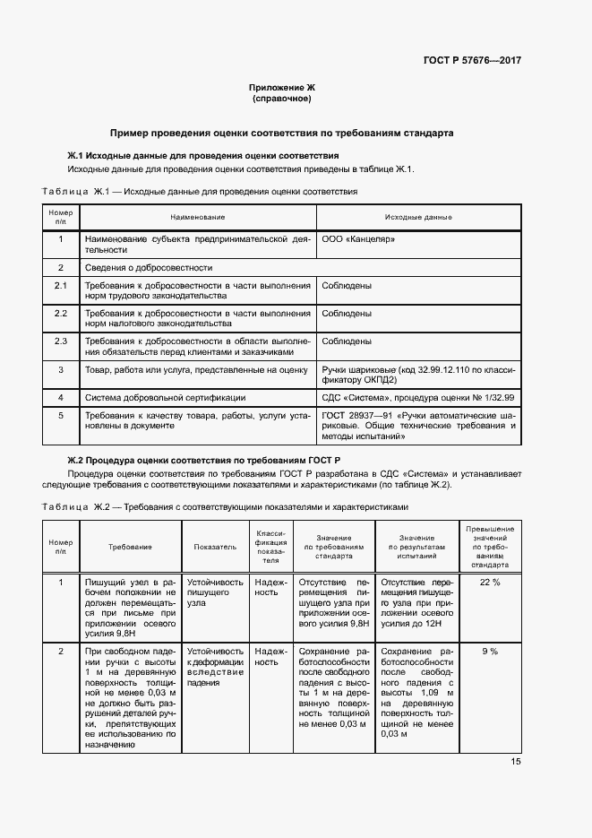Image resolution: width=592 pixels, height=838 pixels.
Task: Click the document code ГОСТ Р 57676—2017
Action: (472, 61)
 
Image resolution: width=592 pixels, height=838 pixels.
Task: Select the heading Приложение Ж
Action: (282, 87)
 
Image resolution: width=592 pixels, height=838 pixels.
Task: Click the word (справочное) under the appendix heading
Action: (282, 98)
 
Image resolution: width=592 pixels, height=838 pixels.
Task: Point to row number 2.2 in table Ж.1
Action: (61, 314)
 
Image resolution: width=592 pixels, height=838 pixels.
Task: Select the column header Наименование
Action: (197, 218)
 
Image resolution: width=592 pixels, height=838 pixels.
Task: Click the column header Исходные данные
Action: (418, 218)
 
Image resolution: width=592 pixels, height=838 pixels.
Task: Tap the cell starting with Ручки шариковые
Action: (418, 375)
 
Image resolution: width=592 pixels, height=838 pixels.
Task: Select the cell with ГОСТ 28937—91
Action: (418, 428)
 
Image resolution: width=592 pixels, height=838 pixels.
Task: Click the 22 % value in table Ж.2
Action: (490, 583)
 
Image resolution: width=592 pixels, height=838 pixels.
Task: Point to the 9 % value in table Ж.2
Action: (490, 651)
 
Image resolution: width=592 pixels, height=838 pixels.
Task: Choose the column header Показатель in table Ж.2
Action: (215, 546)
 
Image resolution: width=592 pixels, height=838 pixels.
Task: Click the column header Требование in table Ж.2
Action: (130, 546)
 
